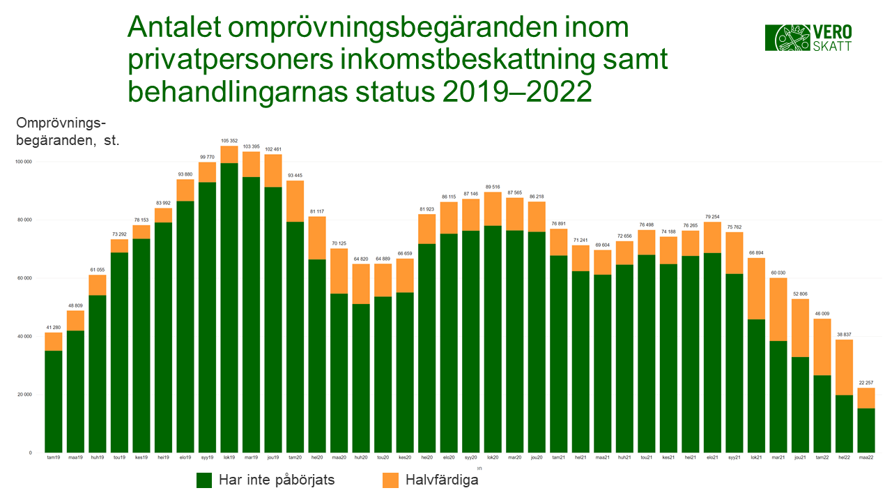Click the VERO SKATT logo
point(808,37)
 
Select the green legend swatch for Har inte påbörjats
point(204,480)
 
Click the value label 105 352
point(229,141)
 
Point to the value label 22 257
point(866,383)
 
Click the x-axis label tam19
point(53,457)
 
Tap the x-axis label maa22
point(866,457)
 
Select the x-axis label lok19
point(229,457)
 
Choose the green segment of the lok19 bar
point(229,307)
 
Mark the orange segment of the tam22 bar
point(822,347)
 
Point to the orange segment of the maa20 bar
point(339,271)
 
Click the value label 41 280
point(53,328)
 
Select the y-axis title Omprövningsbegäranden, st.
point(68,131)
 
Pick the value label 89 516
point(493,187)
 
